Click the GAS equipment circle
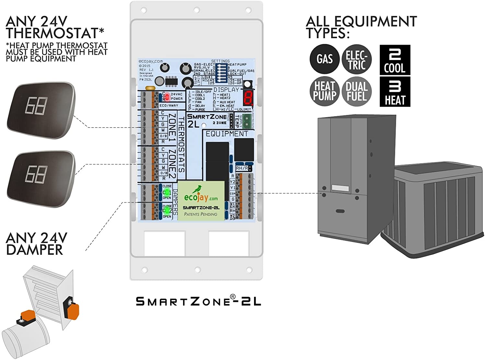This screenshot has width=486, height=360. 324,59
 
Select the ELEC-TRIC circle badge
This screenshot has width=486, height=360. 356,60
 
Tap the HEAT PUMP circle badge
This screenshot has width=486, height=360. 324,91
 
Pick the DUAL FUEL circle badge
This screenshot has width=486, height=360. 356,91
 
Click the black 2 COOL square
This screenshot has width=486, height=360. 395,60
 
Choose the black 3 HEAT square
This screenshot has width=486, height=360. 395,92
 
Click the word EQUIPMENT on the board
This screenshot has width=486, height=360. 227,134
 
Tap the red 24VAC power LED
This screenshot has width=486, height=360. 167,96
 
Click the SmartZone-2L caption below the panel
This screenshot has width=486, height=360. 198,301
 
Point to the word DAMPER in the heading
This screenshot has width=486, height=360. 34,250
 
